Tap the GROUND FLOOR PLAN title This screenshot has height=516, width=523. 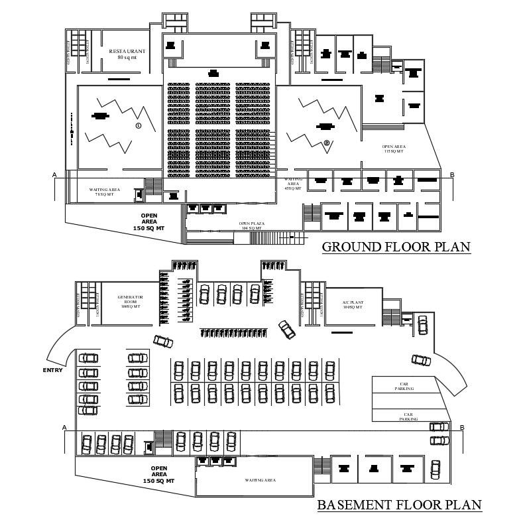pyautogui.click(x=396, y=247)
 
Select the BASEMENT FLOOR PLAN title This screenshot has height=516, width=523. pyautogui.click(x=399, y=505)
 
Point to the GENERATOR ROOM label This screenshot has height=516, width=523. pyautogui.click(x=131, y=302)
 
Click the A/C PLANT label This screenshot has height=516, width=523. pyautogui.click(x=352, y=304)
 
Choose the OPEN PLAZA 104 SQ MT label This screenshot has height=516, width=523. pyautogui.click(x=251, y=226)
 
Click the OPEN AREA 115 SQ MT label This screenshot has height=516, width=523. pyautogui.click(x=393, y=149)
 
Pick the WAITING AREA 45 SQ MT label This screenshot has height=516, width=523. pyautogui.click(x=293, y=184)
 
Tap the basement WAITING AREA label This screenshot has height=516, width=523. pyautogui.click(x=260, y=480)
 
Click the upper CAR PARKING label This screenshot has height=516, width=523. pyautogui.click(x=404, y=387)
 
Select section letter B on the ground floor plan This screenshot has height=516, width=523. pyautogui.click(x=451, y=175)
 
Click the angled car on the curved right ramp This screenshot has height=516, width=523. pyautogui.click(x=420, y=359)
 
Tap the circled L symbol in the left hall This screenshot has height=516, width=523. pyautogui.click(x=138, y=125)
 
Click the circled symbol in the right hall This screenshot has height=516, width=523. pyautogui.click(x=326, y=143)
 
